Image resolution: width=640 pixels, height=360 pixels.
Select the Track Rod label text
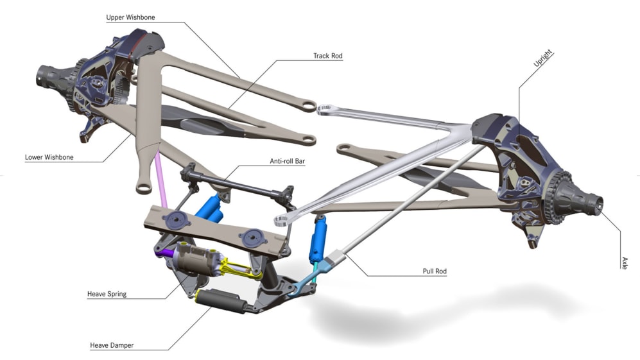click(x=327, y=56)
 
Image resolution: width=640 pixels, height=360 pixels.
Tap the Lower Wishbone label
click(x=49, y=157)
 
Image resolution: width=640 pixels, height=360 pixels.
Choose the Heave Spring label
click(x=107, y=294)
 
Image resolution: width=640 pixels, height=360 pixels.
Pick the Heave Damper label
click(x=112, y=346)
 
